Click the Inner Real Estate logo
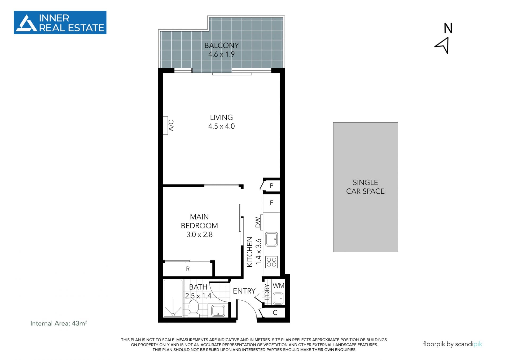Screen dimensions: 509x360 coord(60,23)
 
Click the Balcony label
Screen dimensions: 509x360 coord(221,45)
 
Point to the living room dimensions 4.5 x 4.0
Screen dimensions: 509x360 coord(221,126)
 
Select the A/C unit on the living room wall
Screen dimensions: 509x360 coord(165,125)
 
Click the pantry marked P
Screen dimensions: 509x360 coord(271,186)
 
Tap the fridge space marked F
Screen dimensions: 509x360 coord(271,203)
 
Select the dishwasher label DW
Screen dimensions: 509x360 coord(258,222)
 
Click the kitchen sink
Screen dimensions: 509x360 coord(271,239)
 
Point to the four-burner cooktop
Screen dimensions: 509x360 coord(271,262)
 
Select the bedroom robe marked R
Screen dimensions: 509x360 coord(188,269)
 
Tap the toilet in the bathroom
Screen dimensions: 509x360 coord(194,308)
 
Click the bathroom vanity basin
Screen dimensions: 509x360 coord(218,311)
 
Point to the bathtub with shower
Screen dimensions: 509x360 coord(173,298)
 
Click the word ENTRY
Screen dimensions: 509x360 coord(244,291)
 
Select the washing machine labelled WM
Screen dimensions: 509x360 coord(278,286)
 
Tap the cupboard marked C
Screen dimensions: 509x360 coord(275,313)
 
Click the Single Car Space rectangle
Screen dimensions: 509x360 coord(365,187)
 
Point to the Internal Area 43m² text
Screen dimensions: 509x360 coord(59,323)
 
